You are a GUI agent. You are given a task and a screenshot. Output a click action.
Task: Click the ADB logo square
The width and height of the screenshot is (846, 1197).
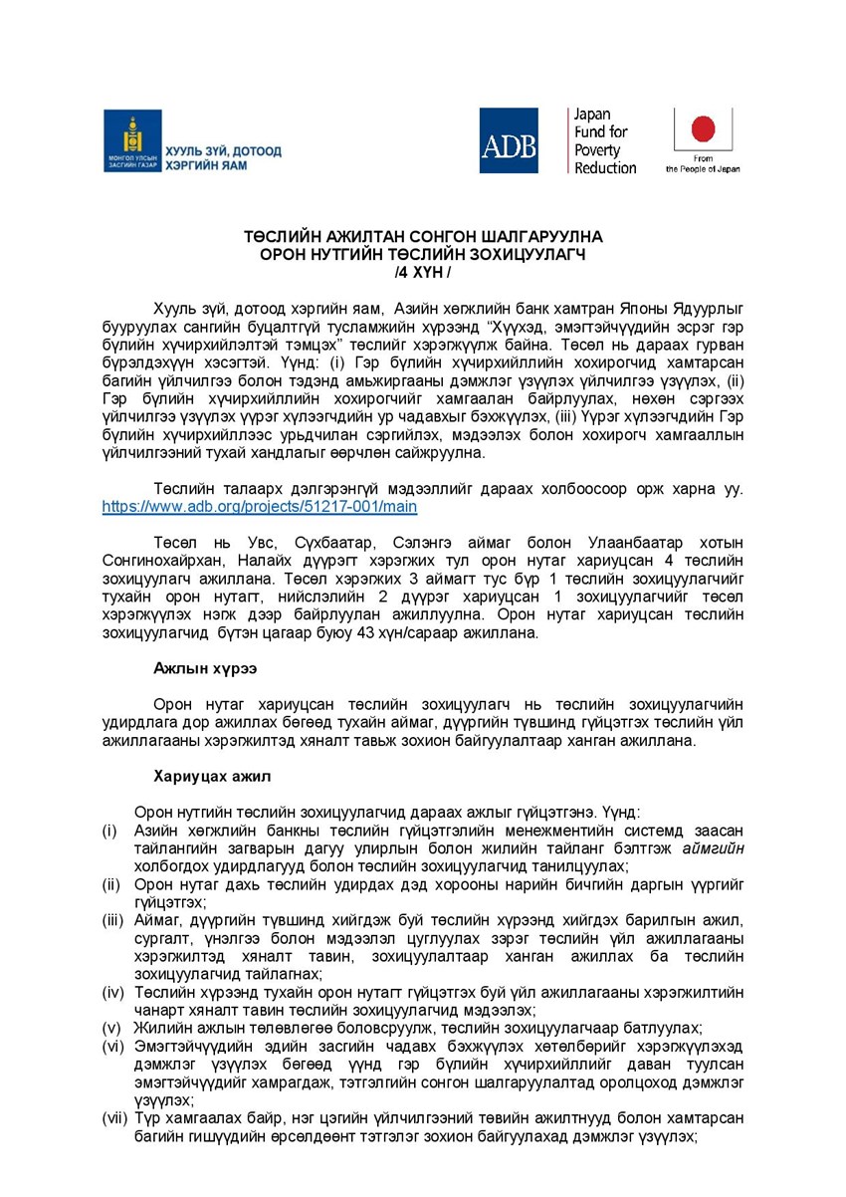[509, 140]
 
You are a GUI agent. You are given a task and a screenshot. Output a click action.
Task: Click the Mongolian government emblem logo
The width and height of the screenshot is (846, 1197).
[132, 140]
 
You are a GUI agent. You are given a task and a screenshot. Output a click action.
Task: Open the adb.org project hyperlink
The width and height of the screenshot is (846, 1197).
[260, 507]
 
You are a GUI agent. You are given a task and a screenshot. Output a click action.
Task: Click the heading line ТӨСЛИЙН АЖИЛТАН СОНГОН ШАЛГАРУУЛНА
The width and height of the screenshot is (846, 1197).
[423, 237]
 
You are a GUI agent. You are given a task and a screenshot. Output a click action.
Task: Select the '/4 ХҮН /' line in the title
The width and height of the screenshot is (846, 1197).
[423, 271]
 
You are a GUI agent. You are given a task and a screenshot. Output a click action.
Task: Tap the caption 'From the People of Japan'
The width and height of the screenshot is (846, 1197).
[703, 164]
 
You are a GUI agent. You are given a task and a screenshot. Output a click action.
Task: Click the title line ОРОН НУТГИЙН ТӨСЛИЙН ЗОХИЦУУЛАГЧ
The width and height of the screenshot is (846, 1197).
[423, 254]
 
